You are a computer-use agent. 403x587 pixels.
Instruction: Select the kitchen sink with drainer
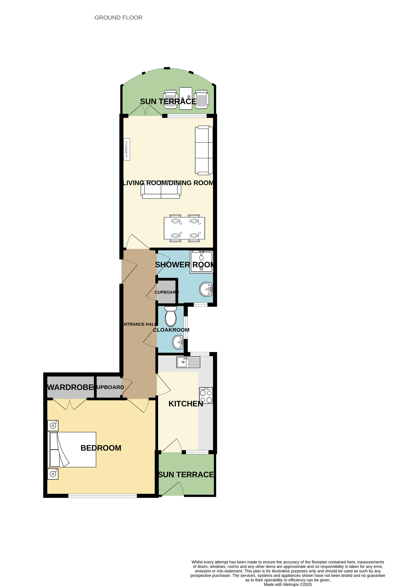tap(188, 362)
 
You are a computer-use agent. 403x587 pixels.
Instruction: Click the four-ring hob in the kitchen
tap(206, 396)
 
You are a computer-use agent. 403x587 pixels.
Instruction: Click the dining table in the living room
tap(184, 228)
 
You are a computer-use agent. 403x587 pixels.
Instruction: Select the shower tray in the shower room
tap(202, 262)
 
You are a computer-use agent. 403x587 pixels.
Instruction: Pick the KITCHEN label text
tap(186, 404)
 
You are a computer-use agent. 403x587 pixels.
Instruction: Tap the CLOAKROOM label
tap(171, 330)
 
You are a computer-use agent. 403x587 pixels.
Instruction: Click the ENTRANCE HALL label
tap(139, 324)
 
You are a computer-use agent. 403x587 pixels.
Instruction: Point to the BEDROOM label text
tap(101, 448)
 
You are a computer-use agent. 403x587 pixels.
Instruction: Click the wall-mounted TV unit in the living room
tap(127, 149)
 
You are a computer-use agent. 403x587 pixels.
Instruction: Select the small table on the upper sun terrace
tap(186, 98)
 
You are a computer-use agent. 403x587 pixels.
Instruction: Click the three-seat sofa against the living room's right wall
tap(204, 150)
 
